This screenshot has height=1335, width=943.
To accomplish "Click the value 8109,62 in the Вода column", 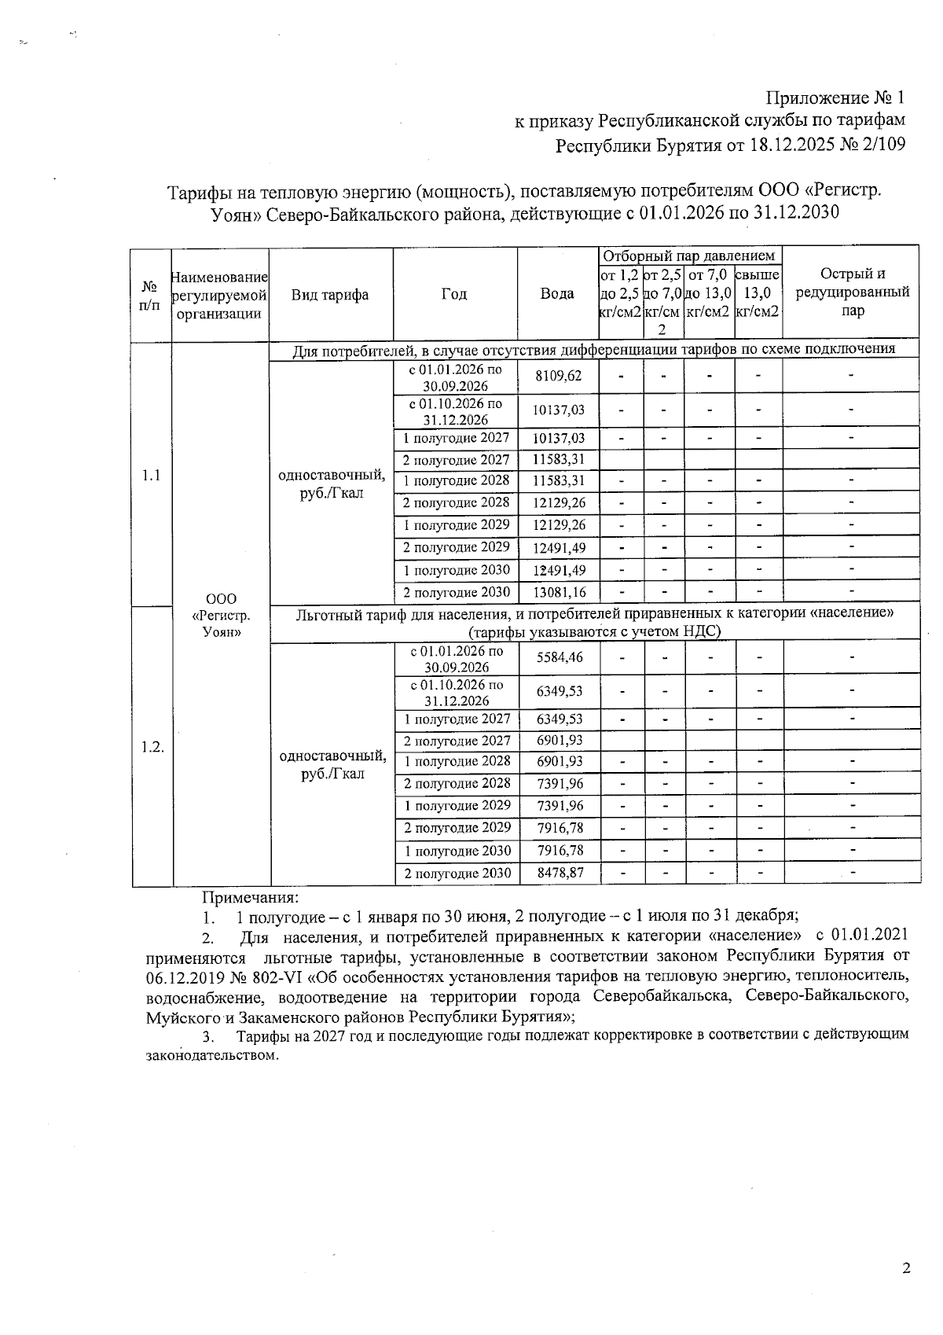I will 558,376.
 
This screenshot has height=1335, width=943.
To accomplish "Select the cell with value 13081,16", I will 558,592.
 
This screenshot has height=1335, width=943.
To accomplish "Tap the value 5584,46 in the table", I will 560,656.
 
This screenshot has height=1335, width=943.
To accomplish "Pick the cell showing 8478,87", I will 560,873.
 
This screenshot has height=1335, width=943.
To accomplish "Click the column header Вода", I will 556,294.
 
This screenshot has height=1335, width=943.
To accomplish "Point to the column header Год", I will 454,294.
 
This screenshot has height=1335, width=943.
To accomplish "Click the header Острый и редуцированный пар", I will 852,292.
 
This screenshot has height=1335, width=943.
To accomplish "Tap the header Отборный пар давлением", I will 688,256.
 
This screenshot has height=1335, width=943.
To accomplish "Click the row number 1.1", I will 151,475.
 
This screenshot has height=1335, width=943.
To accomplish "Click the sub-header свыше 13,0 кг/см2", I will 758,292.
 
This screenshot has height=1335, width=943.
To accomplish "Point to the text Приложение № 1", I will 835,98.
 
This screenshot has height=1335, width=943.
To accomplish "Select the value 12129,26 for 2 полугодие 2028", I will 558,503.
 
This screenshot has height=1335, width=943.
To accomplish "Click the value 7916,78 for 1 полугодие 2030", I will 560,851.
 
